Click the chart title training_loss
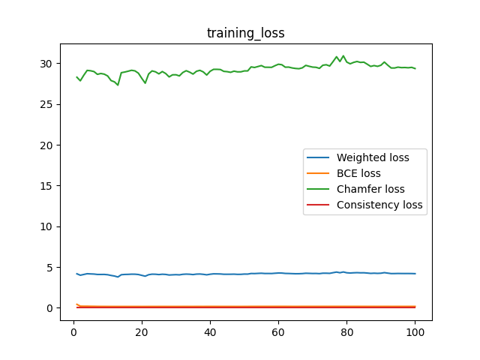(245, 33)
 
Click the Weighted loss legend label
(373, 157)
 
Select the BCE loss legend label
(358, 173)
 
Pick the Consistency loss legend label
(379, 205)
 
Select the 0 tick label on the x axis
(73, 333)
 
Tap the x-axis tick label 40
(210, 333)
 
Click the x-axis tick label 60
(278, 333)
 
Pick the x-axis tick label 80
(346, 333)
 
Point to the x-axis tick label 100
(415, 333)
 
